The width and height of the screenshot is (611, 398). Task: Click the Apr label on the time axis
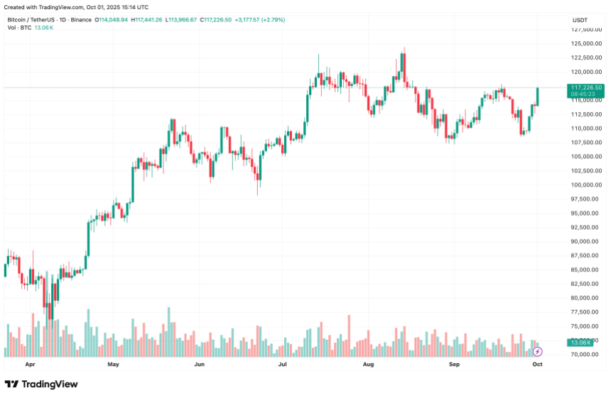(30, 364)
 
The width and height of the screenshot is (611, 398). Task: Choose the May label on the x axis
(113, 364)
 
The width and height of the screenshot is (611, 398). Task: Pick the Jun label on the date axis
(199, 364)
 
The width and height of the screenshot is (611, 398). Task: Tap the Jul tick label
(283, 364)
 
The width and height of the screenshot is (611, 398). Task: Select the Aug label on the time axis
(368, 364)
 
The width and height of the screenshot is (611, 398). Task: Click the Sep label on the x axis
(455, 364)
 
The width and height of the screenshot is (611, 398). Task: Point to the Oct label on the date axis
(538, 364)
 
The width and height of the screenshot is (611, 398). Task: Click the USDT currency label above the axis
(580, 20)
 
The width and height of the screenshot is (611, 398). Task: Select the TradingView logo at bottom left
(41, 384)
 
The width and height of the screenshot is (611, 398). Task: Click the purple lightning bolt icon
(538, 351)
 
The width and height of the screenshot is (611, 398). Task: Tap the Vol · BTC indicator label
(20, 28)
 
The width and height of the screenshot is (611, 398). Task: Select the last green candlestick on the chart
(538, 96)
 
